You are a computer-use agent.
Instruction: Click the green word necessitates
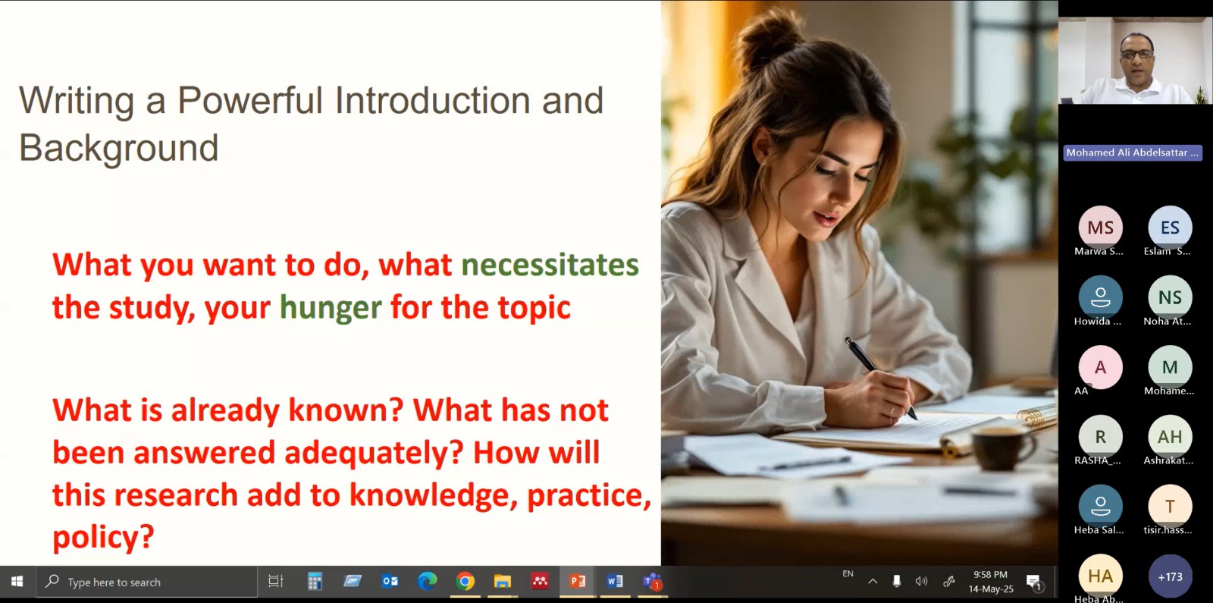550,265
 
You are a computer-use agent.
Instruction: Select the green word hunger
331,308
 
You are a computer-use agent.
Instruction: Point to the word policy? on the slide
103,537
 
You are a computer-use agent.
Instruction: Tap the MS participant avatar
1100,228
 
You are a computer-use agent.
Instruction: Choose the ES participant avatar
1170,228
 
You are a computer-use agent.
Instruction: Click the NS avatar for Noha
1170,297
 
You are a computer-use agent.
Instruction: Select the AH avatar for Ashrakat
1170,437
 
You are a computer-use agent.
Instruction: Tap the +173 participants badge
1170,576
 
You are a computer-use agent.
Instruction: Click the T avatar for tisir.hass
1170,507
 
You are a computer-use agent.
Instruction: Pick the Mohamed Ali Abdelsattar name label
1133,152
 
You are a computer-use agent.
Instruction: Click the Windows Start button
17,582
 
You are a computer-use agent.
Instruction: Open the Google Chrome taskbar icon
465,582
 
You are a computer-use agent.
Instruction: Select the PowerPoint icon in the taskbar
577,582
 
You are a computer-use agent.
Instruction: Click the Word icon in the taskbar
615,582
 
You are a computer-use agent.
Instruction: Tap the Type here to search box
147,582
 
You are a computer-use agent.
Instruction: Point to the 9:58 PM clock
990,575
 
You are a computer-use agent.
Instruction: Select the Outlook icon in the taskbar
390,582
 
